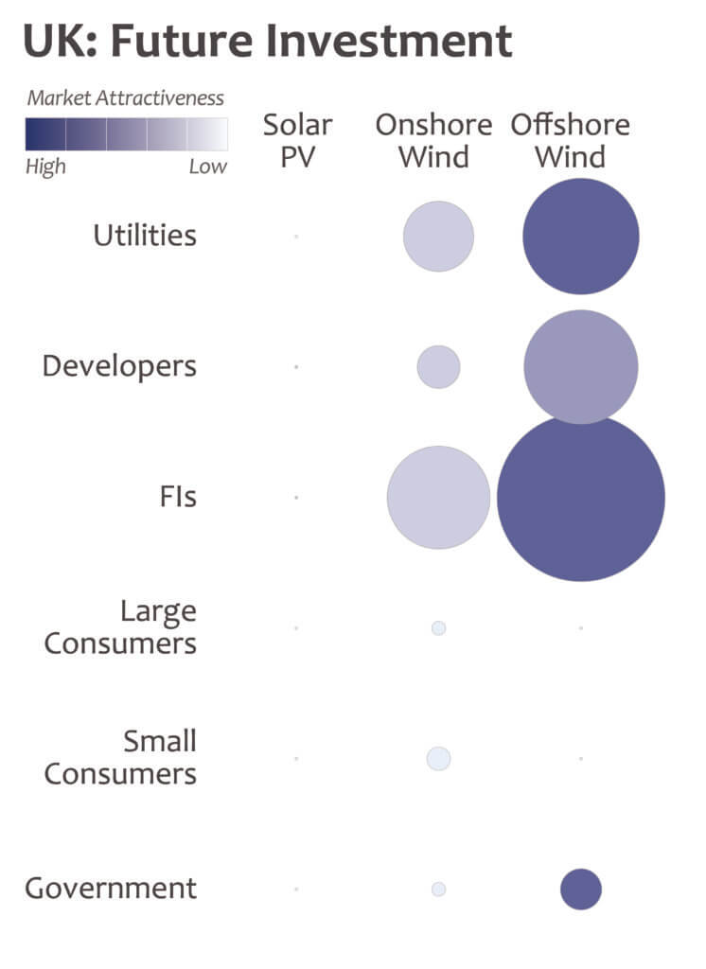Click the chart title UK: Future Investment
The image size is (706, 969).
click(x=267, y=42)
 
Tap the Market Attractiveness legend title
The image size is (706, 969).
click(x=126, y=97)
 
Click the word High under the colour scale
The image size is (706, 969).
click(x=45, y=167)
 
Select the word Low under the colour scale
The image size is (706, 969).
click(x=207, y=167)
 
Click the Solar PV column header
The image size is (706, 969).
click(x=297, y=140)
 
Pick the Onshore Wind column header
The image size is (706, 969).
click(x=433, y=140)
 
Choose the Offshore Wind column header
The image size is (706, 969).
click(x=570, y=140)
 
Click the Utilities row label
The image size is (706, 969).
click(x=145, y=236)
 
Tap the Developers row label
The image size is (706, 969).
click(x=119, y=366)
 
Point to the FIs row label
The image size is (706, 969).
click(x=178, y=497)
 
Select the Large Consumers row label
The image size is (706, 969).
click(x=120, y=627)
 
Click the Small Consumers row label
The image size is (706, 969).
click(x=120, y=757)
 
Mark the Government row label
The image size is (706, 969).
click(x=111, y=889)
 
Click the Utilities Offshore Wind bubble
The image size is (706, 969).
click(x=581, y=237)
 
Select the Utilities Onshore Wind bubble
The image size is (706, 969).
click(x=438, y=237)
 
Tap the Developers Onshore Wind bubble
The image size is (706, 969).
click(x=438, y=367)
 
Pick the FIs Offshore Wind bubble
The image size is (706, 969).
click(x=581, y=498)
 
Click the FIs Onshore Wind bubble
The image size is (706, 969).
click(x=438, y=498)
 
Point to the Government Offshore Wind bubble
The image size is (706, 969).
click(x=581, y=890)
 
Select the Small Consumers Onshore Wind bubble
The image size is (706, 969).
click(x=438, y=758)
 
